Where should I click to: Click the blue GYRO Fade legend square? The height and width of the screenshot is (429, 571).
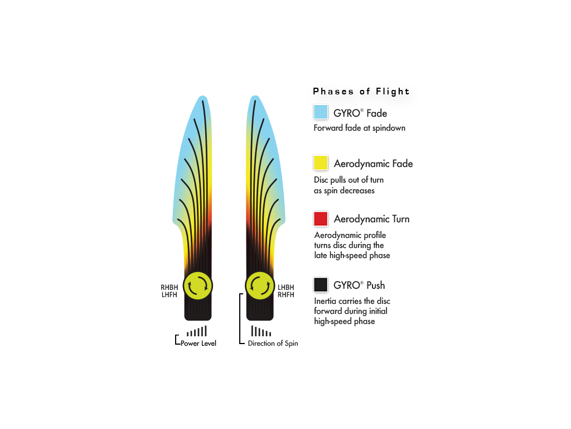pyautogui.click(x=321, y=112)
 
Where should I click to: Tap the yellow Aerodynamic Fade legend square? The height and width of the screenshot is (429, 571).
pyautogui.click(x=321, y=163)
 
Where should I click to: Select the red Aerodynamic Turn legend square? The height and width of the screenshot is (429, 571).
pyautogui.click(x=321, y=219)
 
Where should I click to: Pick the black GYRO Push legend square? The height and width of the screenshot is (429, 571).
pyautogui.click(x=321, y=284)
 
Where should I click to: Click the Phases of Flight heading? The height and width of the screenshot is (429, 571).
pyautogui.click(x=361, y=91)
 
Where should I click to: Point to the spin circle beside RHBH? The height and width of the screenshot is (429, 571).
pyautogui.click(x=198, y=285)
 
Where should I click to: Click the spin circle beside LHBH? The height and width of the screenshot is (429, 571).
pyautogui.click(x=260, y=285)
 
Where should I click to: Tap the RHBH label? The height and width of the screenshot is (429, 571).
pyautogui.click(x=170, y=288)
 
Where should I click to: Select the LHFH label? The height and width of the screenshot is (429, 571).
pyautogui.click(x=170, y=295)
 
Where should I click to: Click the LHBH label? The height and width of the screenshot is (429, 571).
pyautogui.click(x=286, y=288)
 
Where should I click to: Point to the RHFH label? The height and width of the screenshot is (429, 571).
pyautogui.click(x=286, y=295)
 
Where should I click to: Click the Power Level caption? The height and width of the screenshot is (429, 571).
pyautogui.click(x=199, y=344)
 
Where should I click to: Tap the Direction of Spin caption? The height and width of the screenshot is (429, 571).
pyautogui.click(x=273, y=344)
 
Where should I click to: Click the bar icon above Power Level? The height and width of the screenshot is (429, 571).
pyautogui.click(x=197, y=331)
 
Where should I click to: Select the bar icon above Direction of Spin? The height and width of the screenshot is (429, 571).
pyautogui.click(x=261, y=331)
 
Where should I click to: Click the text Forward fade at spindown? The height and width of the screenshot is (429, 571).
pyautogui.click(x=360, y=128)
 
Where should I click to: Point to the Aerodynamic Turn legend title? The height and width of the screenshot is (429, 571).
pyautogui.click(x=371, y=219)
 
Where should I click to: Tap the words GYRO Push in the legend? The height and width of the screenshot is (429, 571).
pyautogui.click(x=359, y=285)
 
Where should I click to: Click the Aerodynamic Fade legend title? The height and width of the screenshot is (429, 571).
pyautogui.click(x=373, y=164)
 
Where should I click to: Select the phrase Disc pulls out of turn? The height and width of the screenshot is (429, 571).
pyautogui.click(x=349, y=180)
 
